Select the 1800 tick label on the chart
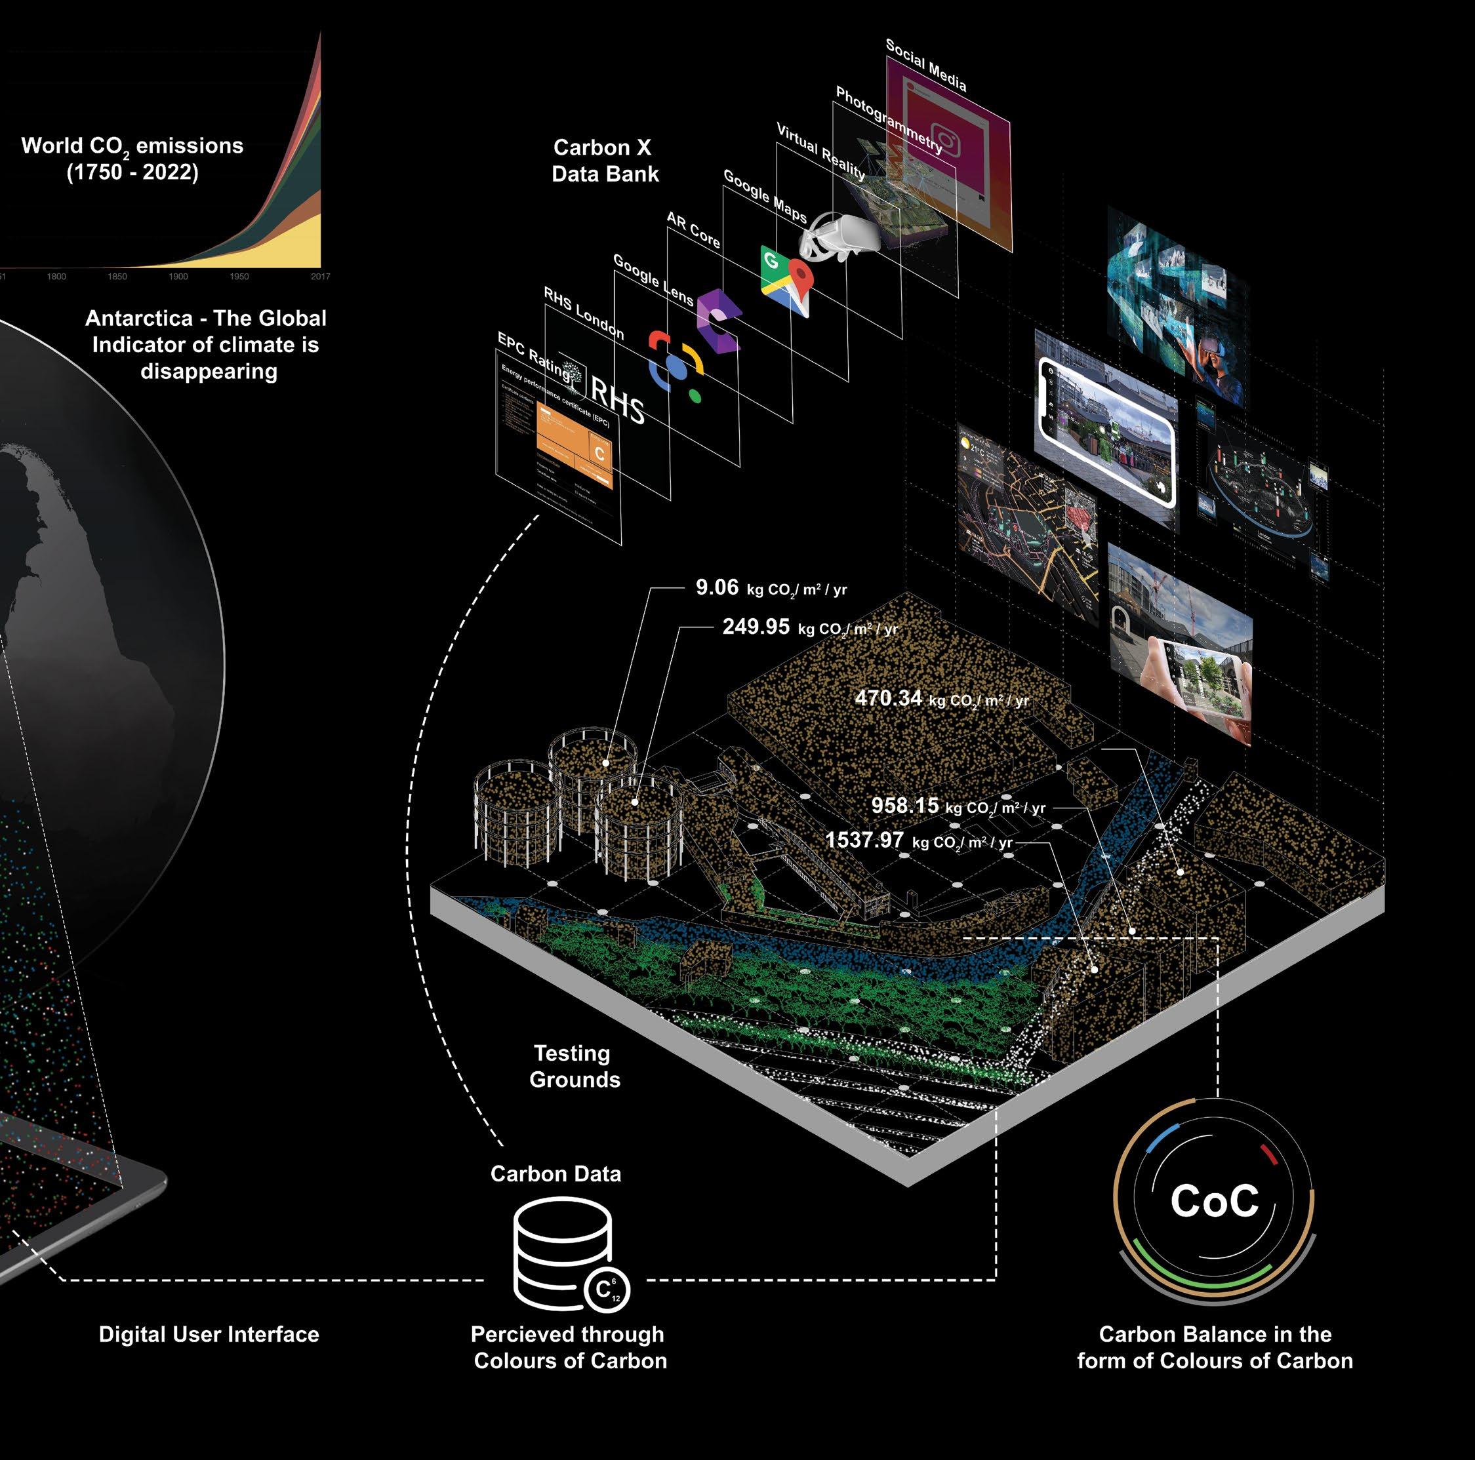(56, 276)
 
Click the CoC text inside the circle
(1214, 1200)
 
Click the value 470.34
(888, 698)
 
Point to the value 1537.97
(864, 840)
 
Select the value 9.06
(717, 587)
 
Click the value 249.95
(756, 627)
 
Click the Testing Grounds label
(573, 1066)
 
